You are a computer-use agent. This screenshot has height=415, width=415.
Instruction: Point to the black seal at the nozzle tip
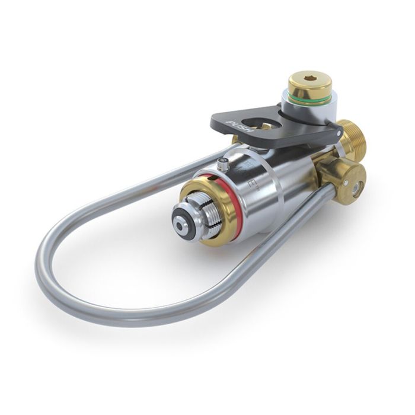[178, 224]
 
